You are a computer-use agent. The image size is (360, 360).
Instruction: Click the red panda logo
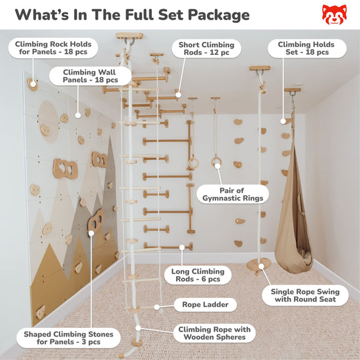[335, 14]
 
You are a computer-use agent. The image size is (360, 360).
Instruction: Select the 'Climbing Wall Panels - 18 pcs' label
[96, 78]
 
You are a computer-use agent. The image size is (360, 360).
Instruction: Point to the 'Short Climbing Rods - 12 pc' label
[206, 49]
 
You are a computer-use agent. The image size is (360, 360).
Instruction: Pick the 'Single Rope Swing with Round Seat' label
[304, 295]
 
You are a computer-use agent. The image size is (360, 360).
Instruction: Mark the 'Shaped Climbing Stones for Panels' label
[65, 338]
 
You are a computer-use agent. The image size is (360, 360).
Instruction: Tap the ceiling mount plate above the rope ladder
[130, 37]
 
